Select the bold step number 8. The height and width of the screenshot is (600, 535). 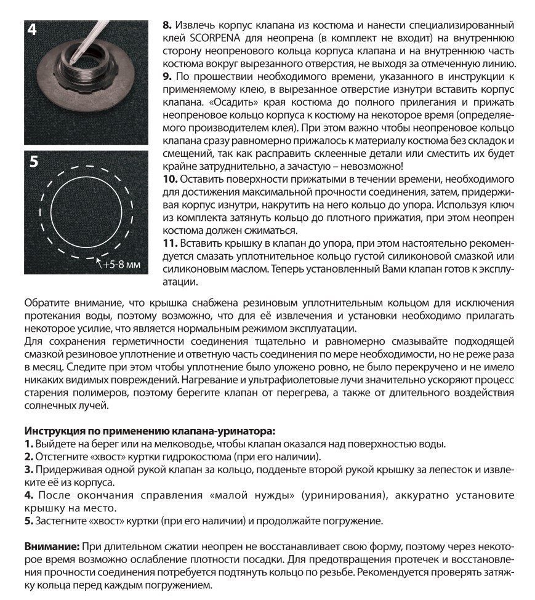coord(166,26)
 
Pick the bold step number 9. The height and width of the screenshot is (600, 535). coord(166,76)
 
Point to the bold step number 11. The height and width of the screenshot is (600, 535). coord(170,243)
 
